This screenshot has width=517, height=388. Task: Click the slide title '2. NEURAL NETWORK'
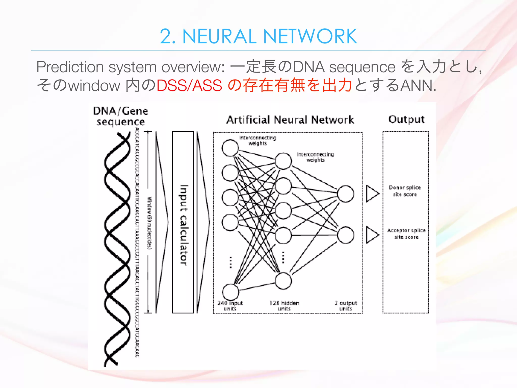[258, 36]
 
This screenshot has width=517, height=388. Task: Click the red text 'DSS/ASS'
[189, 85]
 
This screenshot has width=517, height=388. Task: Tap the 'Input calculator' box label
[184, 225]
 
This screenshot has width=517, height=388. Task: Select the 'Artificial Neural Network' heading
[290, 120]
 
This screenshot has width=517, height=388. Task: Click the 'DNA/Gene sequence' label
[120, 116]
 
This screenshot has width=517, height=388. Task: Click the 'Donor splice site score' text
[405, 191]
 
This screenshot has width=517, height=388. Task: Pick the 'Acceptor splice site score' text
[406, 234]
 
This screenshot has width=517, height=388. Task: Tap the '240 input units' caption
[230, 306]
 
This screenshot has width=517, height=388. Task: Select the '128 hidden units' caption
[284, 306]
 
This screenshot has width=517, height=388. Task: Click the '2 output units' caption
[346, 306]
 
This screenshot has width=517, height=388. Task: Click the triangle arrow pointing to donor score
[372, 193]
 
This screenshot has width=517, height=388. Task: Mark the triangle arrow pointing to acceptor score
[372, 235]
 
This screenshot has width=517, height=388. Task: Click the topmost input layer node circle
[230, 148]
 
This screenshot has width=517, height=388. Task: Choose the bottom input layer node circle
[230, 292]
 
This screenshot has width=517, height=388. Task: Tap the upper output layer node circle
[346, 194]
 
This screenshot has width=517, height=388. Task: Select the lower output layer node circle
[346, 235]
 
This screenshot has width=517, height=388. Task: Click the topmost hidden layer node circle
[283, 161]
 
